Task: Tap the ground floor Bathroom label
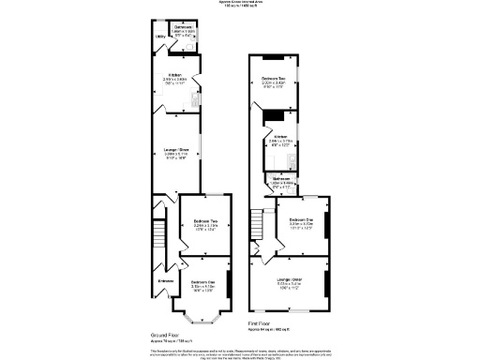click(x=184, y=27)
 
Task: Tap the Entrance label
click(x=166, y=280)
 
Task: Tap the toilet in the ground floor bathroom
click(x=193, y=41)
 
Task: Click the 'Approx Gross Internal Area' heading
click(x=240, y=3)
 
